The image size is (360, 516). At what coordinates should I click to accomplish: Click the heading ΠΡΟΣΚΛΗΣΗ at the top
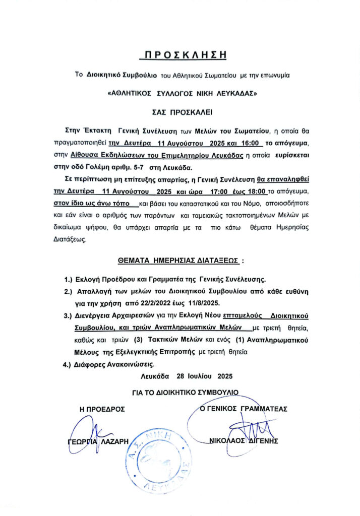(180, 54)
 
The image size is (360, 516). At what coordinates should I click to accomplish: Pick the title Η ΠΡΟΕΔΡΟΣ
(102, 409)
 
